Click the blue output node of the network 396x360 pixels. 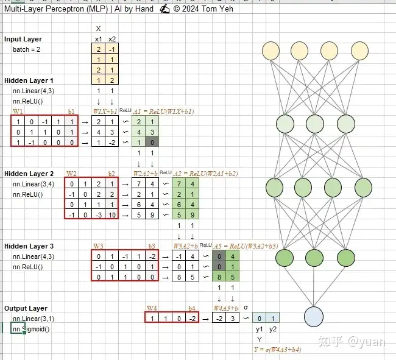[313, 317]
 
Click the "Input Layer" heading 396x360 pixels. [23, 39]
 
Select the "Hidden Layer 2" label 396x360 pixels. [29, 174]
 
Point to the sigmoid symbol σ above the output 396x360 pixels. [246, 308]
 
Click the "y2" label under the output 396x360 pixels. [273, 330]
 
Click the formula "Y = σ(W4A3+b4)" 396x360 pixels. [277, 350]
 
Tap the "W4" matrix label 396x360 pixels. [152, 308]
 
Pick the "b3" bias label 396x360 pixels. [152, 246]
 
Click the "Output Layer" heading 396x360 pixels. [26, 308]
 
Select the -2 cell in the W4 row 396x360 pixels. [192, 318]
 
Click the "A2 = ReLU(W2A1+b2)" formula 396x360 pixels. [205, 174]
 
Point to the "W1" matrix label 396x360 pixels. [18, 111]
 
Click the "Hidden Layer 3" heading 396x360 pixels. [29, 246]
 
